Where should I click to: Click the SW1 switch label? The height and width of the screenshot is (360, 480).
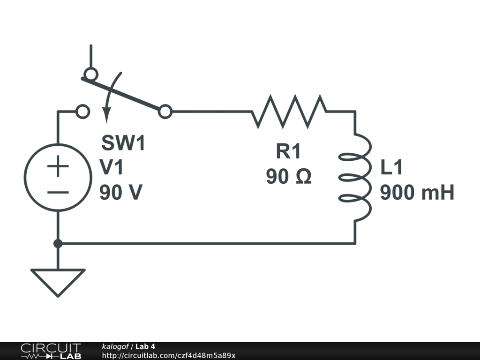pyautogui.click(x=124, y=143)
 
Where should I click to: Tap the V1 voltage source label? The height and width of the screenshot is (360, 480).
pyautogui.click(x=112, y=167)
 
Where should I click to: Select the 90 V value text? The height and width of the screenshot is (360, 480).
pyautogui.click(x=121, y=192)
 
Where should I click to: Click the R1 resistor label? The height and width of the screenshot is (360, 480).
pyautogui.click(x=288, y=151)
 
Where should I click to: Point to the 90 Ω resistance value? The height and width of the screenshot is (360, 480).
pyautogui.click(x=289, y=177)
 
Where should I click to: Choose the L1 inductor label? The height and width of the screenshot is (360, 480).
pyautogui.click(x=391, y=168)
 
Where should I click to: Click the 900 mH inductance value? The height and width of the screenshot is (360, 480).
pyautogui.click(x=417, y=193)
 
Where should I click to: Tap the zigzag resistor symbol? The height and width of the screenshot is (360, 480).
pyautogui.click(x=289, y=112)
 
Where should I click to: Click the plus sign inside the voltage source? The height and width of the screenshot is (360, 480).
pyautogui.click(x=58, y=167)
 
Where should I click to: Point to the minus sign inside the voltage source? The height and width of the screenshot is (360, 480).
pyautogui.click(x=58, y=192)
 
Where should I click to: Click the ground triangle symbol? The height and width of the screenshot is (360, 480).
pyautogui.click(x=58, y=281)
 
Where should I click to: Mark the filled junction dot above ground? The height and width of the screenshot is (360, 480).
pyautogui.click(x=58, y=243)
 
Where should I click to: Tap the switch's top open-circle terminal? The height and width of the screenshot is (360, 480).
pyautogui.click(x=90, y=74)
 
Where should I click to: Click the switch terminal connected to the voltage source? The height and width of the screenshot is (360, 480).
pyautogui.click(x=82, y=112)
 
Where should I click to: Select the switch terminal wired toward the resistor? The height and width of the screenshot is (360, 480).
pyautogui.click(x=165, y=112)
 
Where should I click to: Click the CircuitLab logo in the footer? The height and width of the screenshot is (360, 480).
pyautogui.click(x=51, y=351)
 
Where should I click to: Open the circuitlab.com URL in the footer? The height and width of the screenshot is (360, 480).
pyautogui.click(x=169, y=355)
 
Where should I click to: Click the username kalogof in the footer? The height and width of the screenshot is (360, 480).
pyautogui.click(x=115, y=346)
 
